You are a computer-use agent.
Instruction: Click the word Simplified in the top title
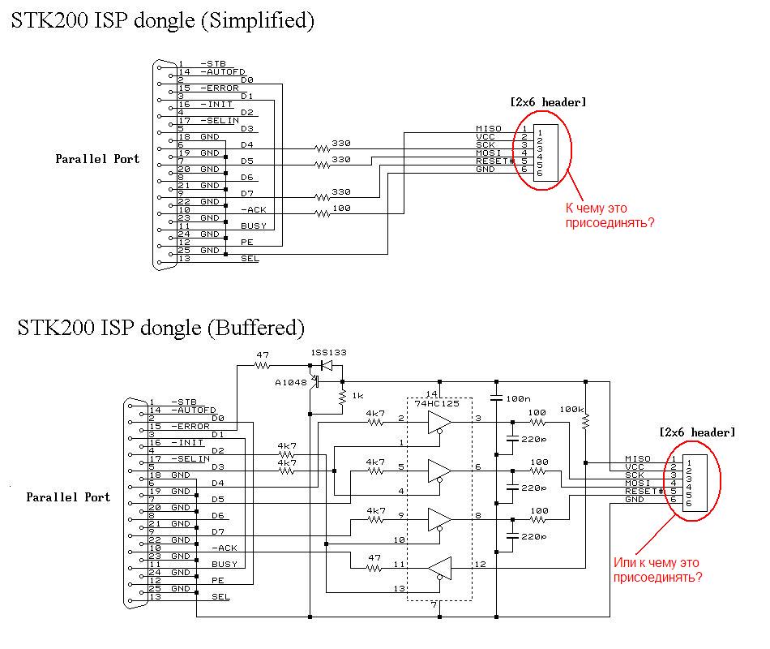(x=258, y=22)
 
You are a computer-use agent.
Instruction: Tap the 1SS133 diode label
(x=328, y=354)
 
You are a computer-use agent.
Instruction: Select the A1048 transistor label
(x=291, y=382)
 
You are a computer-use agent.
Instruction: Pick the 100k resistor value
(x=571, y=410)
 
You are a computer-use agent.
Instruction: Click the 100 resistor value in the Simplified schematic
(x=342, y=209)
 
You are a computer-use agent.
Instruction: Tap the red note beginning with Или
(x=657, y=570)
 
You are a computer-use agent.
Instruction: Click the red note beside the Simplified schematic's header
(x=610, y=215)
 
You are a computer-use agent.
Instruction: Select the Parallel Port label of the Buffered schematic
(x=68, y=496)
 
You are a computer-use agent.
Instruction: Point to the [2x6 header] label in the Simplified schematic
(x=548, y=102)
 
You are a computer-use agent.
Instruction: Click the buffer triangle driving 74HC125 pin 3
(x=439, y=422)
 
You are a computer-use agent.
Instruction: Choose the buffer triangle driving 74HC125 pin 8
(x=439, y=518)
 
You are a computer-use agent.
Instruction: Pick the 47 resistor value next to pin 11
(x=374, y=558)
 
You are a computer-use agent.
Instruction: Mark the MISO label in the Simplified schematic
(x=490, y=129)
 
